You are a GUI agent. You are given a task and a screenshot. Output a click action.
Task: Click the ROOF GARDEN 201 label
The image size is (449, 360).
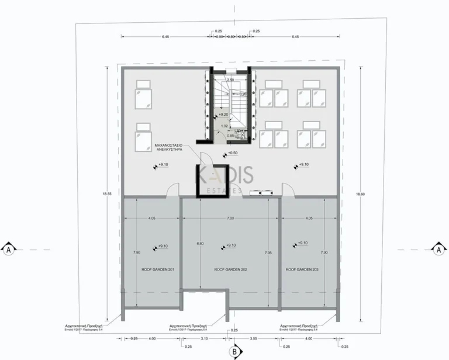152,269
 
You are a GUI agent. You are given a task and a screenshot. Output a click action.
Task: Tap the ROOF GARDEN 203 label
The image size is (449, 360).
302,269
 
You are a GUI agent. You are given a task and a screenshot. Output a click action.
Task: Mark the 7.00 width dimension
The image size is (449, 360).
230,218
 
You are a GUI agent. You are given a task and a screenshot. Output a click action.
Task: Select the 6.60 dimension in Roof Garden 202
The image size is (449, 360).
201,243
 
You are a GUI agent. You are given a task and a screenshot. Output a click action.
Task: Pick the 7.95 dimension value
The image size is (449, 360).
268,252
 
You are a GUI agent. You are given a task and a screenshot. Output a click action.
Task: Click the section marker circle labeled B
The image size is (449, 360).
233,352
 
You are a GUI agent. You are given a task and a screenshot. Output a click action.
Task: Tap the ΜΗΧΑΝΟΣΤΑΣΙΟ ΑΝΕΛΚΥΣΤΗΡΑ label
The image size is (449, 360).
171,146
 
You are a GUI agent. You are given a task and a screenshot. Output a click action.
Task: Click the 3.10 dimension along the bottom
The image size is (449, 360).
204,338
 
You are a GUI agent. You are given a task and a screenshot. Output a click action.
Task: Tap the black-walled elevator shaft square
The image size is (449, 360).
210,182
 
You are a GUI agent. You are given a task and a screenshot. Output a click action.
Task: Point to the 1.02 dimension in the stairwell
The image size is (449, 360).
224,126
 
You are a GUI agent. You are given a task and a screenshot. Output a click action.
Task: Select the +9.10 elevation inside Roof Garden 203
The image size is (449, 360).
302,243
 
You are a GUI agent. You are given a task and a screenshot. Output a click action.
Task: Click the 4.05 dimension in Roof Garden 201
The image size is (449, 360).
151,218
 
